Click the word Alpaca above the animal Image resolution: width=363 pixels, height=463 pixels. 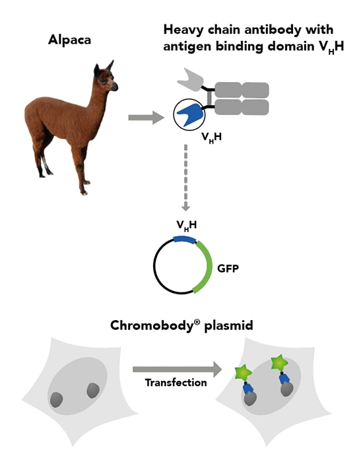click(69, 40)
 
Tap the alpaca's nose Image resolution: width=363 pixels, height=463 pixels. click(115, 86)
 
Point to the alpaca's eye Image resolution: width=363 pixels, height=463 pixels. click(104, 81)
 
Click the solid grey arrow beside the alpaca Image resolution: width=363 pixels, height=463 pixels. click(146, 118)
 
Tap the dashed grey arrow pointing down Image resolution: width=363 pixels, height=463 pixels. click(185, 177)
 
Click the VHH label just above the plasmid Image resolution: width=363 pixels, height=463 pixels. click(187, 226)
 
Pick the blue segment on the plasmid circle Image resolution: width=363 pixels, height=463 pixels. click(185, 239)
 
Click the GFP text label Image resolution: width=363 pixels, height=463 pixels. click(228, 269)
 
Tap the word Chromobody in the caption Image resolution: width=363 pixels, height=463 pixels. click(155, 325)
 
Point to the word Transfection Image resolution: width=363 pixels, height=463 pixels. click(176, 383)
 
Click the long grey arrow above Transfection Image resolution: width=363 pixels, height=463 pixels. click(177, 369)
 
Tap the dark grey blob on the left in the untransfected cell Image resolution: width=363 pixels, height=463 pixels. click(56, 400)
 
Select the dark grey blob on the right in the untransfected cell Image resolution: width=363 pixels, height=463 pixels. click(93, 390)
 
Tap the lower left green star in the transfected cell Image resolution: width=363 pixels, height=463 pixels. click(243, 373)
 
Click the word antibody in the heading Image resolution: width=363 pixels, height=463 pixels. click(278, 30)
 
